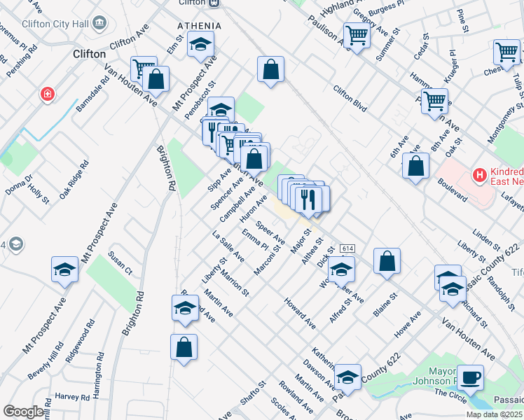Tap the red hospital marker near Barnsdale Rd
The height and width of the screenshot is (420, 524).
tap(48, 94)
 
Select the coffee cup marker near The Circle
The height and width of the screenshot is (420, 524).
tap(471, 377)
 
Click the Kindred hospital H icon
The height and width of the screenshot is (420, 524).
tap(480, 175)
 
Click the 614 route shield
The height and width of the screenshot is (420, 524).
tap(347, 248)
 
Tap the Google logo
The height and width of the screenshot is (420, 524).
tap(22, 412)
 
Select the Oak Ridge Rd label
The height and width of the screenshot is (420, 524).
tap(74, 181)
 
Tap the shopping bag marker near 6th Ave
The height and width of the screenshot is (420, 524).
tap(416, 167)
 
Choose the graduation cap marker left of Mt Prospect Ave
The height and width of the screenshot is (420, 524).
tap(64, 269)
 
